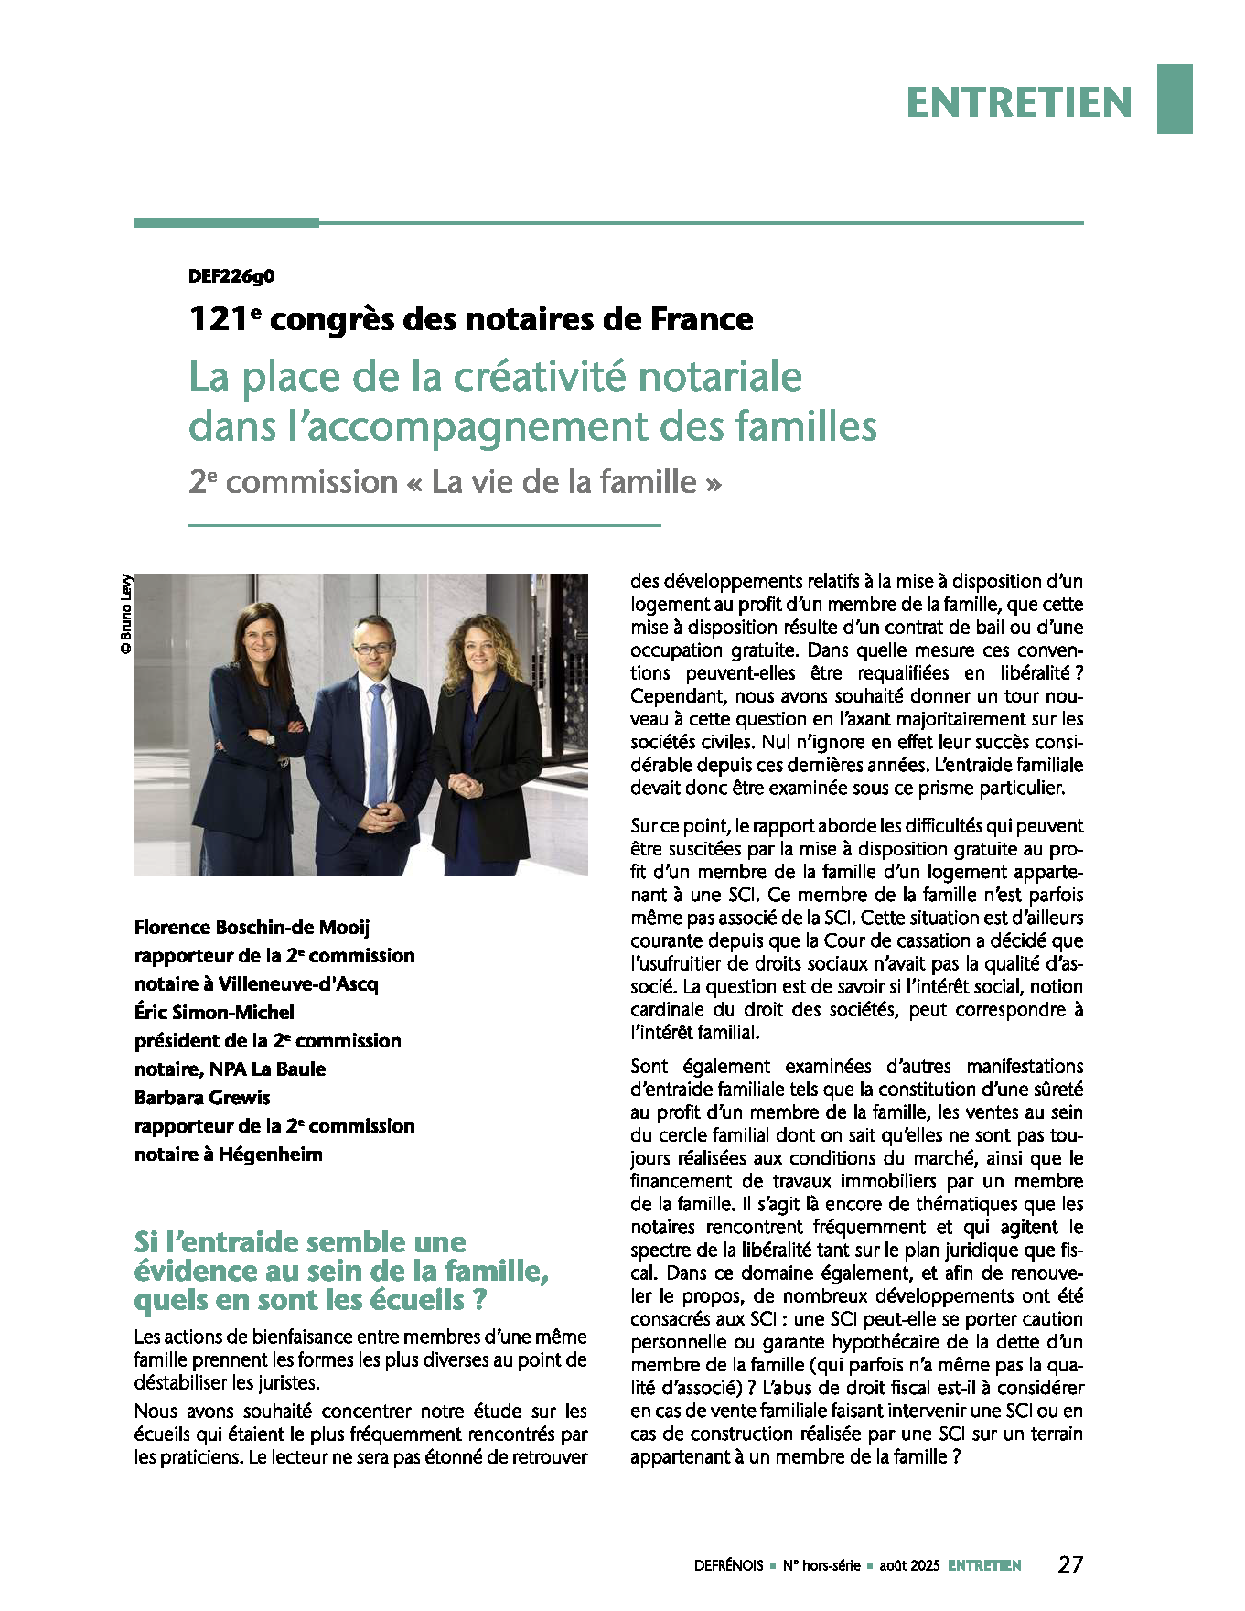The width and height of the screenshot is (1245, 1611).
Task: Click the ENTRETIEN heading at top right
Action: pos(1019,102)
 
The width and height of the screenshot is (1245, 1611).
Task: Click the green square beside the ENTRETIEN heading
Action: pos(1175,99)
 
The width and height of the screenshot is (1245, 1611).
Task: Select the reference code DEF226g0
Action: pos(231,276)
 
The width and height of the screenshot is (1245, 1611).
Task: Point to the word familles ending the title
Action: pos(805,426)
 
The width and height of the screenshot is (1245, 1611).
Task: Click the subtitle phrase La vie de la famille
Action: pos(563,482)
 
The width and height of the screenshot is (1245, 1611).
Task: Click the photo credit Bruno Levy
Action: pos(126,613)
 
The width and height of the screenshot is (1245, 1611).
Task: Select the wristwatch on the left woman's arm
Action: pos(271,739)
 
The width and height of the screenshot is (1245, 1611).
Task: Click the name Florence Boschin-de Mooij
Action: pos(252,928)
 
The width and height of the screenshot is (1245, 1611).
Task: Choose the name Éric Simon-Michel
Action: pos(214,1013)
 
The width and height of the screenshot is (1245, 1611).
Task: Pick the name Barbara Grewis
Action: pos(202,1098)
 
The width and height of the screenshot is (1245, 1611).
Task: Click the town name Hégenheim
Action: pos(271,1155)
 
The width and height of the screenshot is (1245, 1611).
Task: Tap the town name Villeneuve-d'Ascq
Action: pos(298,984)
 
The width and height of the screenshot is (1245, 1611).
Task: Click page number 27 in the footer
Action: pos(1070,1565)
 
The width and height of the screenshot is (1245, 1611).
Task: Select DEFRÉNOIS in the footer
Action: pos(728,1566)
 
